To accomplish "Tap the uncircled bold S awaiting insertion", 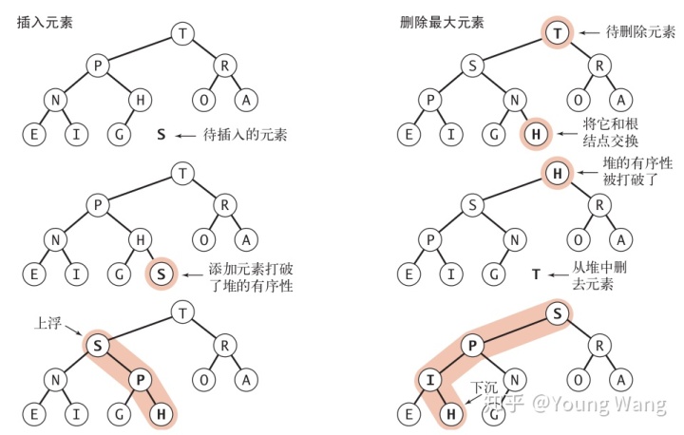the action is click(x=161, y=135).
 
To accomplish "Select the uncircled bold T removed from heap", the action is click(x=536, y=274).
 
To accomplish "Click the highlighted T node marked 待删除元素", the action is click(x=558, y=33).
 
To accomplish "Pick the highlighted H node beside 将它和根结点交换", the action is click(x=535, y=134).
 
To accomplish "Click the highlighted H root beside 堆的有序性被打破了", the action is click(x=558, y=173).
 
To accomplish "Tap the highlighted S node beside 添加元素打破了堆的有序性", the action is click(x=161, y=275).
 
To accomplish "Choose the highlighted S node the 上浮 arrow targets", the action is click(x=98, y=346).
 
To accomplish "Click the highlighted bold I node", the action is click(x=430, y=381).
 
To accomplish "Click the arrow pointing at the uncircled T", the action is click(x=560, y=274).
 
